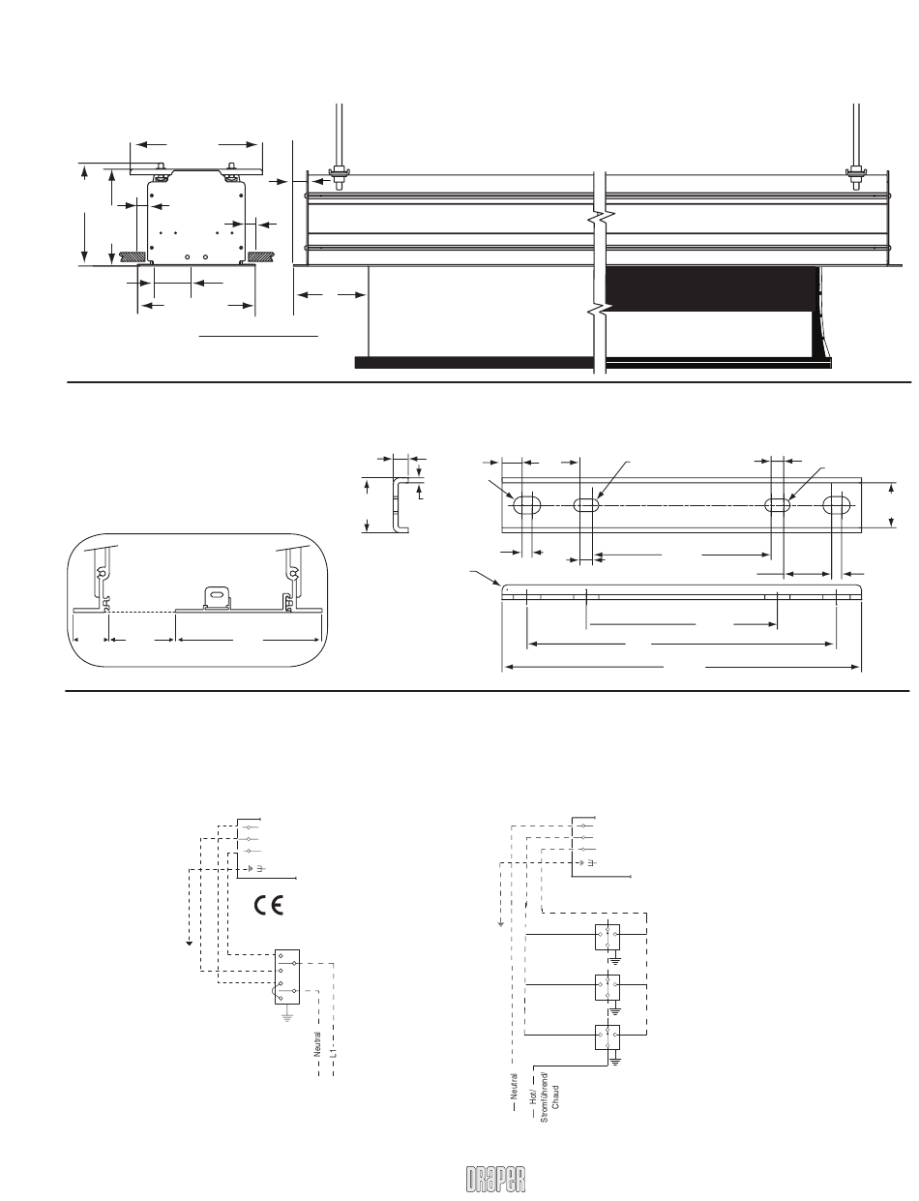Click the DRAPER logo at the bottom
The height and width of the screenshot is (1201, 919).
tap(496, 1179)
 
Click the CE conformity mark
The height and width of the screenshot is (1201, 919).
tap(269, 905)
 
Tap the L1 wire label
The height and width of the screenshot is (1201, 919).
tap(333, 1052)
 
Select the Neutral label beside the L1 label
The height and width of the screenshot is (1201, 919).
tap(317, 1044)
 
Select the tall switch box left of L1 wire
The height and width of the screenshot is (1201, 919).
tap(287, 976)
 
